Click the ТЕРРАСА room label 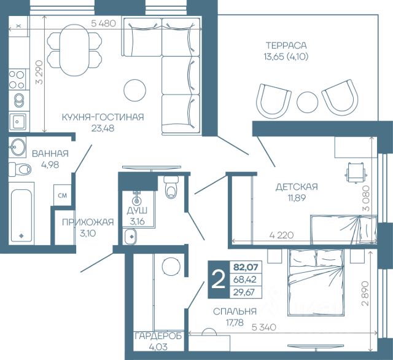tap(286, 45)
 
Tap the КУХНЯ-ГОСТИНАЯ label tap(103, 117)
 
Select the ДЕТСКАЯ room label tap(297, 187)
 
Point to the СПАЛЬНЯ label tap(235, 311)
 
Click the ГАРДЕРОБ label tap(158, 336)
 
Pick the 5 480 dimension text tap(104, 23)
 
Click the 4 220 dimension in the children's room tap(281, 235)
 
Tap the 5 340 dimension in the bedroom tap(264, 327)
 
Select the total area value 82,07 tap(246, 267)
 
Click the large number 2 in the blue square tap(219, 280)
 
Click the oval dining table tap(74, 50)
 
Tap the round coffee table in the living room tap(135, 90)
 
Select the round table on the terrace tap(307, 102)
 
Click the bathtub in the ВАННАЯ tap(21, 216)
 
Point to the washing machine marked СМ tap(63, 195)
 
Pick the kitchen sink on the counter tap(17, 122)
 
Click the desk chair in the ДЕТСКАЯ tap(356, 173)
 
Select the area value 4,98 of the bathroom tap(50, 165)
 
